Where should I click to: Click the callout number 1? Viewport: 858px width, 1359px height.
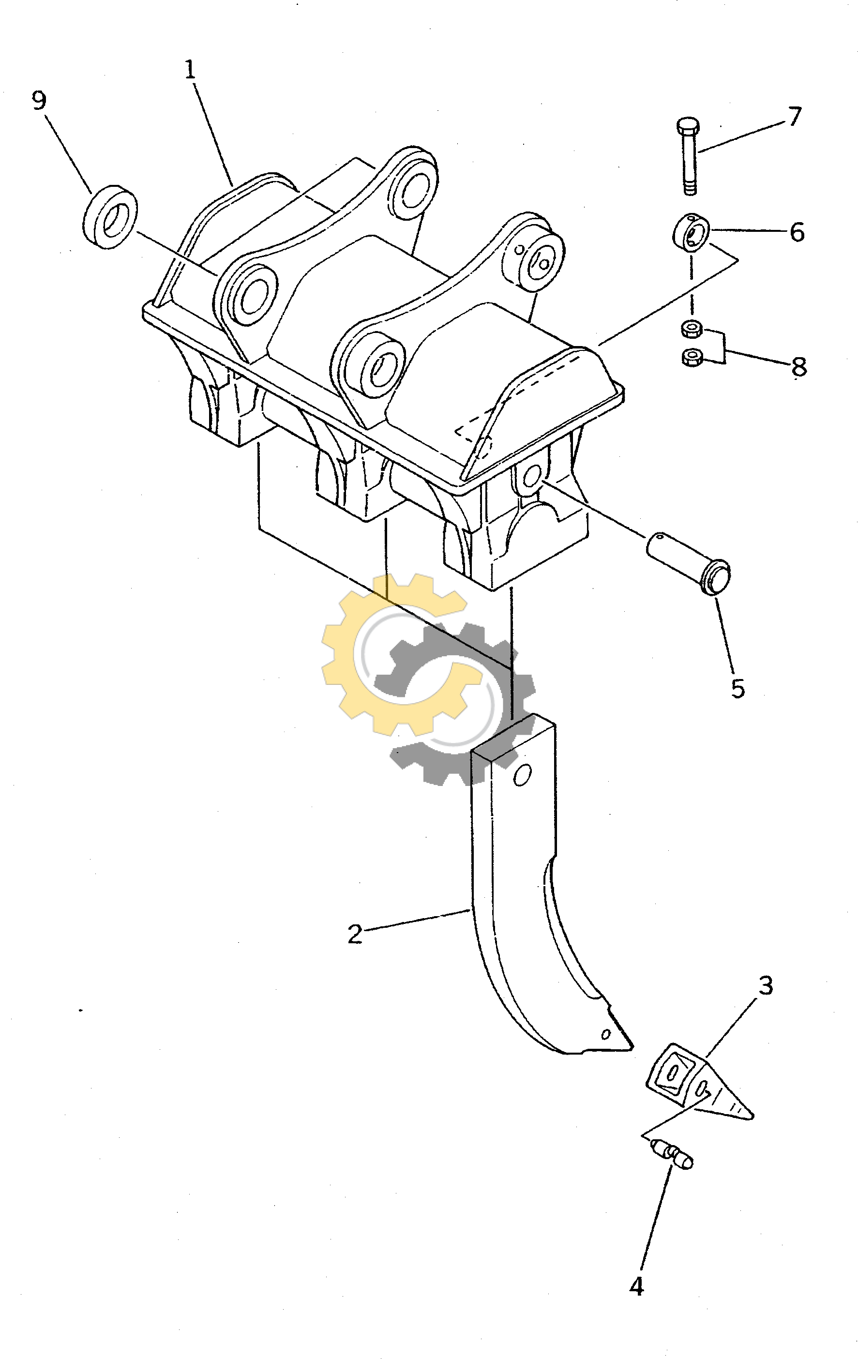click(190, 70)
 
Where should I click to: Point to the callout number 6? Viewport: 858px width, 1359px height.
click(797, 232)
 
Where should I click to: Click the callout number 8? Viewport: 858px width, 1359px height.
click(798, 367)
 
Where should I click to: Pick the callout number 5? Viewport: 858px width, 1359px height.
click(738, 689)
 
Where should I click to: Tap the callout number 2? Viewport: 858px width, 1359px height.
click(355, 935)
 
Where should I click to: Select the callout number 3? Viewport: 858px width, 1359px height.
click(766, 985)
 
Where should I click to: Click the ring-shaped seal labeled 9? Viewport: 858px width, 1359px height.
click(111, 216)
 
